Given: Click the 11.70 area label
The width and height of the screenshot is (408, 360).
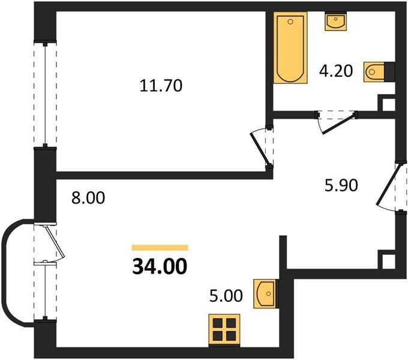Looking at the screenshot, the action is [x=161, y=86].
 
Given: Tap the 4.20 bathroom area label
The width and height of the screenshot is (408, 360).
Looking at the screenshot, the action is [x=336, y=71].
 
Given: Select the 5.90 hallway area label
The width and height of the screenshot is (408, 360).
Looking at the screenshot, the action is [x=341, y=185].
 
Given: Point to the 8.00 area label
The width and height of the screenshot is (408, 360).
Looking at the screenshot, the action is [x=88, y=197].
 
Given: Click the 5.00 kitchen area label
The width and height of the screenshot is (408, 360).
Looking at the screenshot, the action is [x=226, y=296].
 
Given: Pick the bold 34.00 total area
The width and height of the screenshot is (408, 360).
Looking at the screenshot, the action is [x=160, y=266].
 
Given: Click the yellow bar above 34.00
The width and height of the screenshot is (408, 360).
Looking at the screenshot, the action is [x=160, y=248].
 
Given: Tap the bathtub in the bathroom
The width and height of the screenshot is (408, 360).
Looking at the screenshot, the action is [x=290, y=48].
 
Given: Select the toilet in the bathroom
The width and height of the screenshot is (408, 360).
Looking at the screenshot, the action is [x=374, y=71].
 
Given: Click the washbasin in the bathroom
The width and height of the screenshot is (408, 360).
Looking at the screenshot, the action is [x=335, y=22].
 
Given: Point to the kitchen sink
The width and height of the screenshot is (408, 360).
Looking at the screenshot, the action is [x=265, y=294].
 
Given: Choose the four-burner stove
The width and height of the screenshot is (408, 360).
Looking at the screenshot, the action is [x=224, y=331].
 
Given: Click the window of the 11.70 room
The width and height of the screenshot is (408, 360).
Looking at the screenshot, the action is [x=45, y=94].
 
